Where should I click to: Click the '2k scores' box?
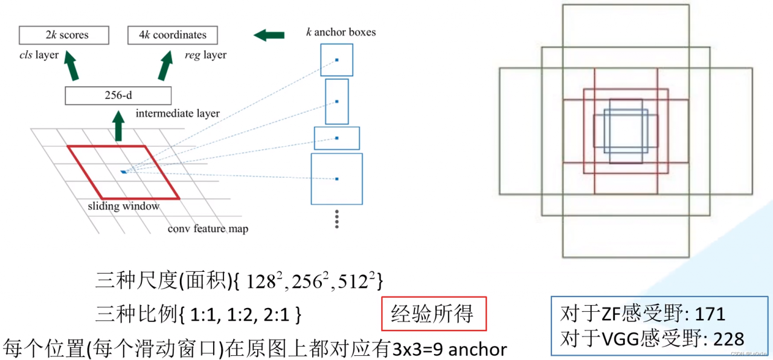point(63,35)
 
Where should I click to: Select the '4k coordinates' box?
point(173,35)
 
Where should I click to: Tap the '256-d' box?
point(118,95)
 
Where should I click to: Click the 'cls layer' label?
point(39,55)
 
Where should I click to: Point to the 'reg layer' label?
point(205,55)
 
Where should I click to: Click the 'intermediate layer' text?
point(178,113)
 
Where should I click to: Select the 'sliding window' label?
point(123,206)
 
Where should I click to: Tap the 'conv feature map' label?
point(208,229)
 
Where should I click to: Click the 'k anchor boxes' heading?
point(341,32)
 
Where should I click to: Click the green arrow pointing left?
point(269,35)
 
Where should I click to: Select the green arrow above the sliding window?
point(118,128)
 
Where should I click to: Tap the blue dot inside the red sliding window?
point(124,172)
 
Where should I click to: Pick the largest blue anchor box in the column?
point(336,179)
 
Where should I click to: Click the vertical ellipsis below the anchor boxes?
point(336,219)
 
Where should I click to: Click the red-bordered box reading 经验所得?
point(434,313)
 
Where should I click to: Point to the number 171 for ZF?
point(710,314)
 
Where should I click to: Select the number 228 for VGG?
point(729,339)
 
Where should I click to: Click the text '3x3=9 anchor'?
point(450,349)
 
